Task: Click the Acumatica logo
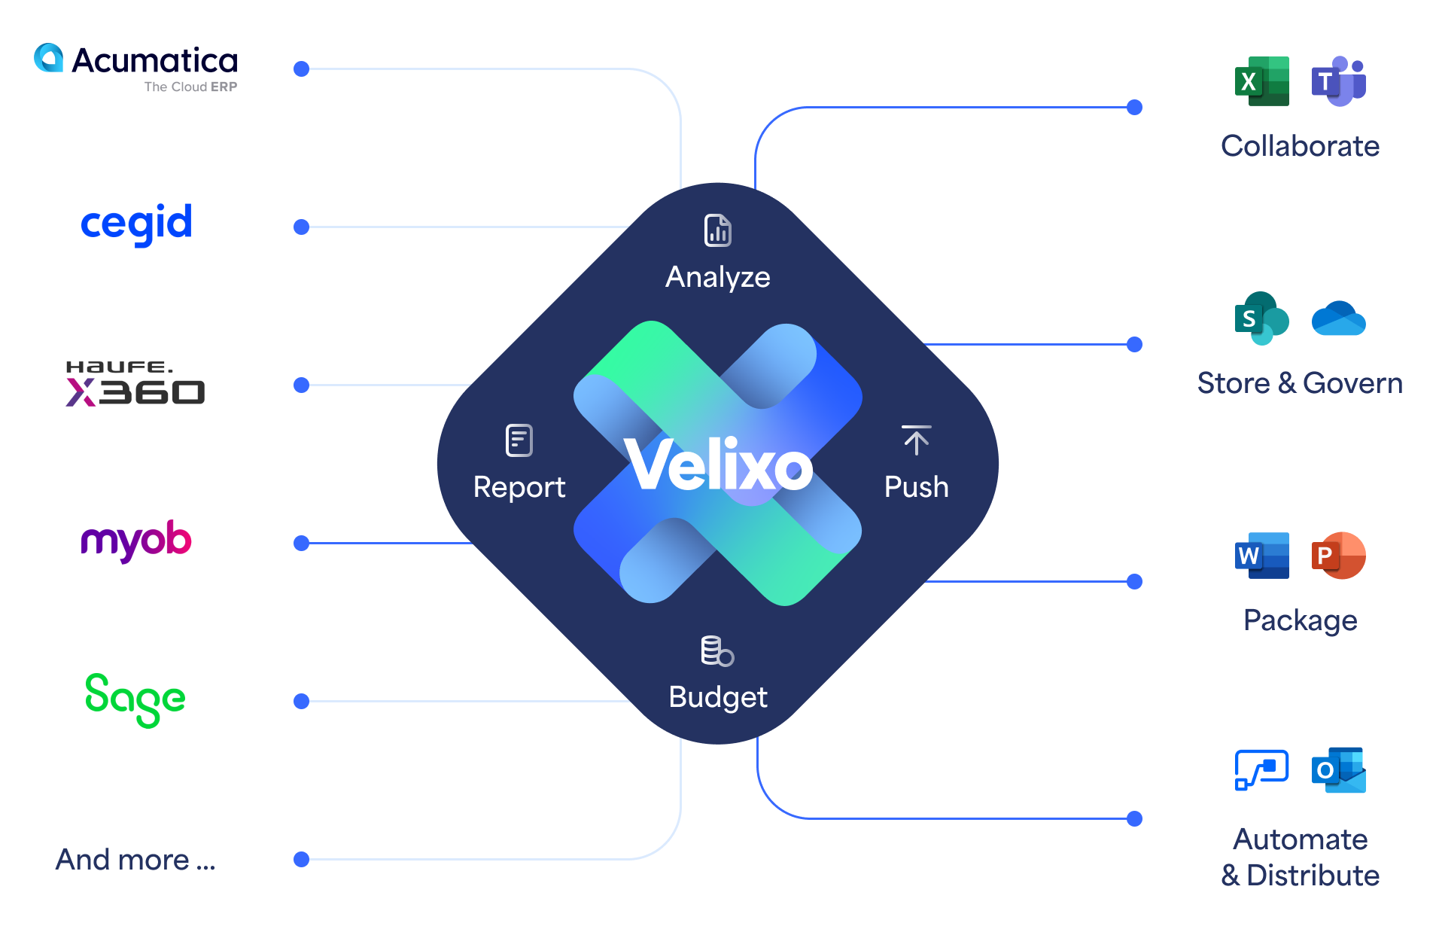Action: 135,68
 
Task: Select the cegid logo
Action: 136,224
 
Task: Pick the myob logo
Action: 136,541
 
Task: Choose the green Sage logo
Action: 135,699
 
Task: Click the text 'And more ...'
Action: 135,860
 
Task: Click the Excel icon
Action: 1262,81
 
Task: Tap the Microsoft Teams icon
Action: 1339,81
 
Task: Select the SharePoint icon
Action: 1262,318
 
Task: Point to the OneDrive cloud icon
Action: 1339,318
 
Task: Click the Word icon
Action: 1262,556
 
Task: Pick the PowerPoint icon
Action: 1339,556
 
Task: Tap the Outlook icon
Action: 1339,770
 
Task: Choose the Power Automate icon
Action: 1262,770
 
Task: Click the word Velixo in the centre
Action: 719,466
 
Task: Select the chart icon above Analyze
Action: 718,230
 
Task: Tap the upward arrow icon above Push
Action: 916,440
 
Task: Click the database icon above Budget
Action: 717,651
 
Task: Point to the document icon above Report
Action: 519,440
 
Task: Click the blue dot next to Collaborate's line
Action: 1135,108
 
